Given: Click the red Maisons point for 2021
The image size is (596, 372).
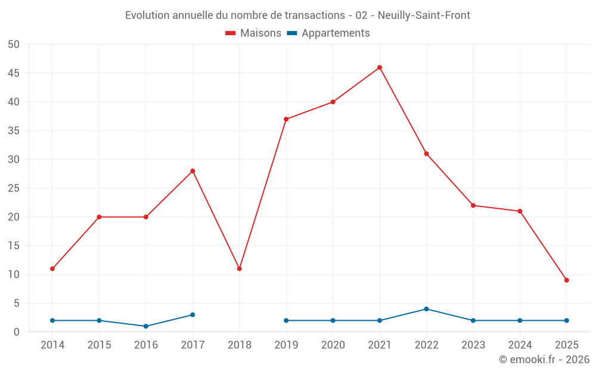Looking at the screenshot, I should pos(380,67).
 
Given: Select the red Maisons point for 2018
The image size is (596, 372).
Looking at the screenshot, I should pos(240,268).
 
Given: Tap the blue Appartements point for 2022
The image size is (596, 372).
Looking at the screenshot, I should pos(426,309).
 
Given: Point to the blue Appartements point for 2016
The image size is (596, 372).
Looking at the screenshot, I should pos(146,326).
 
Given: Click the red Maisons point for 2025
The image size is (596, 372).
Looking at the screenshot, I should pos(567,280).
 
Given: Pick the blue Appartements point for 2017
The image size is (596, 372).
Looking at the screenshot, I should pos(193,315).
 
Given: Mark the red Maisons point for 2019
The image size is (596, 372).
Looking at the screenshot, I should pos(286,119).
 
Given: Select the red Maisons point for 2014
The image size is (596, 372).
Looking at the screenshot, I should pos(52,268).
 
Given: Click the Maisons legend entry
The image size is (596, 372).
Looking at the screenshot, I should pos(253,33).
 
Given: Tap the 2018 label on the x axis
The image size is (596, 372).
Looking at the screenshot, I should pos(240,345).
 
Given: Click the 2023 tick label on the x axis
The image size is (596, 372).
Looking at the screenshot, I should pos(473,345).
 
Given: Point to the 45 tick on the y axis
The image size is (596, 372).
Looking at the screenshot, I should pos(14,73).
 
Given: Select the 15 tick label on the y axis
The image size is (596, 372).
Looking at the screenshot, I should pos(14,246).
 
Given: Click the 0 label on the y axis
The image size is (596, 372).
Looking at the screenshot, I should pos(17,332).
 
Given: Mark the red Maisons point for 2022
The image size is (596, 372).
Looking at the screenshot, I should pos(426,154).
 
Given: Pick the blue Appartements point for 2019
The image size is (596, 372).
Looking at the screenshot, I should pos(286,320).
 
